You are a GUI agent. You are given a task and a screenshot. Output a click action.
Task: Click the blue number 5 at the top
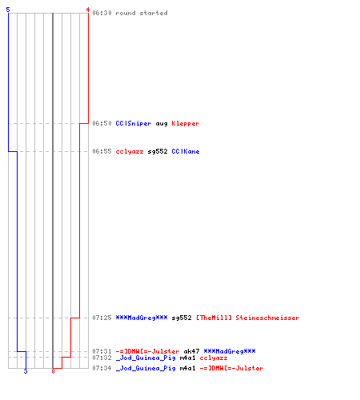pyautogui.click(x=8, y=10)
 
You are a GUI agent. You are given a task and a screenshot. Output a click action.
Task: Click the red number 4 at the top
pyautogui.click(x=88, y=10)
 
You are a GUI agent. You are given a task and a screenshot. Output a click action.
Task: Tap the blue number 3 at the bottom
pyautogui.click(x=26, y=371)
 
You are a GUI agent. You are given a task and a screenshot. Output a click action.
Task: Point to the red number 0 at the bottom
pyautogui.click(x=53, y=371)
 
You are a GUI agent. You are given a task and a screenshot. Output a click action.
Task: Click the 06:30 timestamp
pyautogui.click(x=102, y=13)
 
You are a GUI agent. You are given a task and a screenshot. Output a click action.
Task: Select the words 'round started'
pyautogui.click(x=142, y=13)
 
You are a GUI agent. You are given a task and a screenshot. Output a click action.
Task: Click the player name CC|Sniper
pyautogui.click(x=134, y=123)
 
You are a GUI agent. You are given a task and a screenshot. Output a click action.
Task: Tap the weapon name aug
pyautogui.click(x=162, y=124)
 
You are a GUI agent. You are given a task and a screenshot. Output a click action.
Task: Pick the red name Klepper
pyautogui.click(x=186, y=123)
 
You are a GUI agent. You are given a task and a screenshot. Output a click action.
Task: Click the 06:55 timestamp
pyautogui.click(x=102, y=151)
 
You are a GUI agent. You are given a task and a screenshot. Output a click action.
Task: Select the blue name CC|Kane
pyautogui.click(x=186, y=151)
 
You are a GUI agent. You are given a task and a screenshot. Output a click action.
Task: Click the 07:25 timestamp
pyautogui.click(x=102, y=318)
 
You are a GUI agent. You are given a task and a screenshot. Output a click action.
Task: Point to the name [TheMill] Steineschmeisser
pyautogui.click(x=248, y=318)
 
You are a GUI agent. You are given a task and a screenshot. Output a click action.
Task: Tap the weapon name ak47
pyautogui.click(x=191, y=351)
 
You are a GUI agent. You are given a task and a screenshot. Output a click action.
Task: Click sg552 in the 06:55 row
pyautogui.click(x=158, y=151)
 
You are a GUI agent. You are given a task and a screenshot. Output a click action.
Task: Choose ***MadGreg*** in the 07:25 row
pyautogui.click(x=142, y=318)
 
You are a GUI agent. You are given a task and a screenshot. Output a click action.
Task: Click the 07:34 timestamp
pyautogui.click(x=102, y=368)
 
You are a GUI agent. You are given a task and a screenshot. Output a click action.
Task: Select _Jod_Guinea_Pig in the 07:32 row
pyautogui.click(x=146, y=358)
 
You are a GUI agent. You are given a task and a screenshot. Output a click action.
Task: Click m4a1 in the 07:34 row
pyautogui.click(x=187, y=368)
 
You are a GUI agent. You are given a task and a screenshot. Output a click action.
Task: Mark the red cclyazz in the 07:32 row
pyautogui.click(x=214, y=358)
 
